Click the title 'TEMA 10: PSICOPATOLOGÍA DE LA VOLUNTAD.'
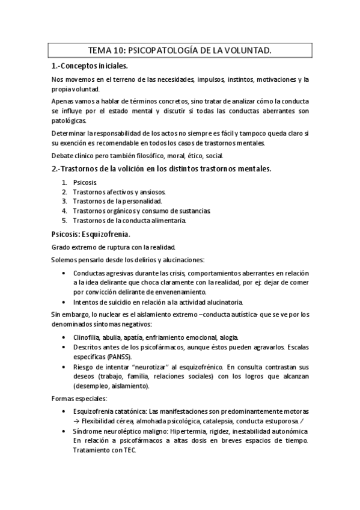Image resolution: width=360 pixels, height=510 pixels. point(180,52)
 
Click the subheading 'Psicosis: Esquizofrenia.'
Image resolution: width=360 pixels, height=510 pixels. point(90,233)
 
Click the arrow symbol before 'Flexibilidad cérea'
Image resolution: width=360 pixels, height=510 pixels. point(76,420)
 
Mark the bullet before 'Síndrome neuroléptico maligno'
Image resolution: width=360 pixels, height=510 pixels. point(64,431)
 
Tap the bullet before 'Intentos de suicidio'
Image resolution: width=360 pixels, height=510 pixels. point(64,302)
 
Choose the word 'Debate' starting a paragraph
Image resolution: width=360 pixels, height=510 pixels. point(64,155)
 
